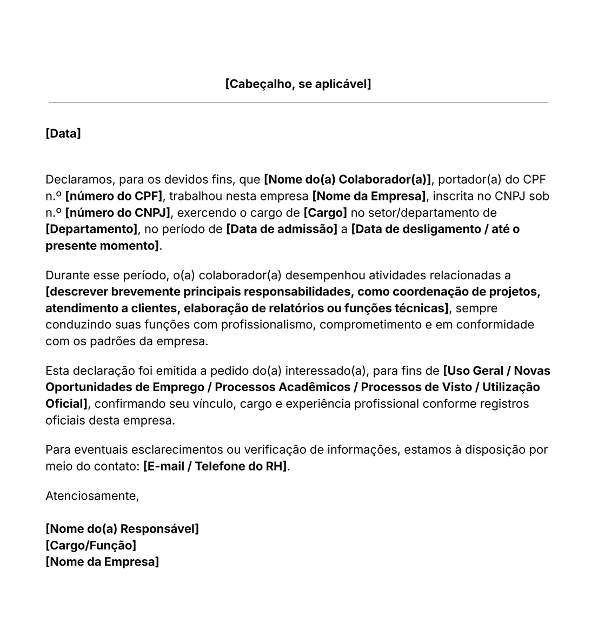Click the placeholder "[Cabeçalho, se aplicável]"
[x=298, y=84]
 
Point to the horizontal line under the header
[x=298, y=102]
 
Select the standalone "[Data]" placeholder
[x=63, y=133]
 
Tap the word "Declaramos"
[x=79, y=179]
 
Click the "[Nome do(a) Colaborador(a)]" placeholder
[x=347, y=179]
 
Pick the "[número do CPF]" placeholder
[x=114, y=196]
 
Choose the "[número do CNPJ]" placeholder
[x=117, y=212]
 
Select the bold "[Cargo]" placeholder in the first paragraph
[x=325, y=212]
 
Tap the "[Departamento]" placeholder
[x=91, y=229]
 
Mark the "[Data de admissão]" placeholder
[x=282, y=229]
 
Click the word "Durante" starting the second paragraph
[x=67, y=276]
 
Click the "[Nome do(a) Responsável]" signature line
[x=122, y=528]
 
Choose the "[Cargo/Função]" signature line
[x=91, y=545]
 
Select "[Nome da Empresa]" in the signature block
[x=102, y=561]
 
